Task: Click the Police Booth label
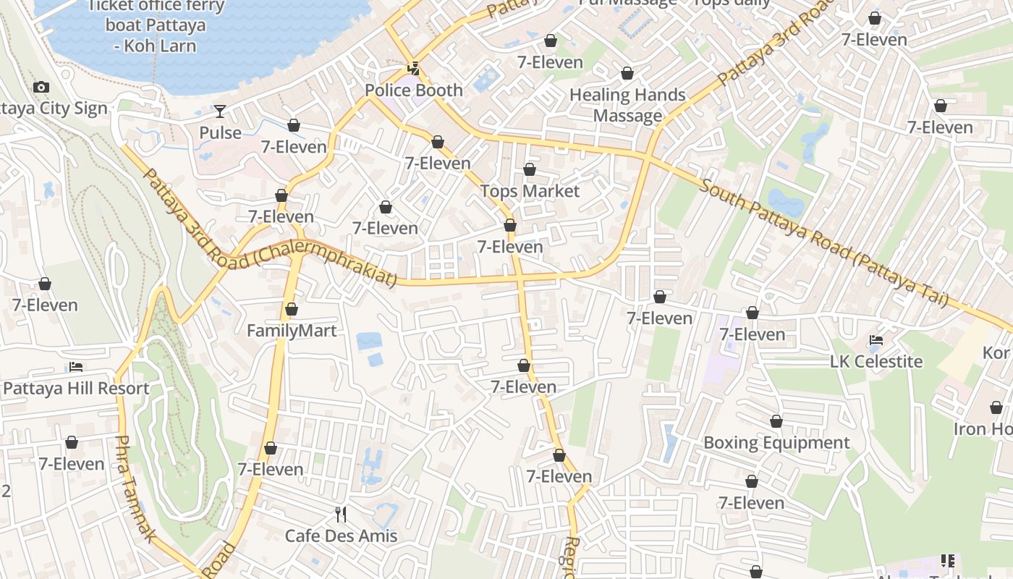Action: tap(413, 90)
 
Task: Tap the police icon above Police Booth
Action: tap(413, 69)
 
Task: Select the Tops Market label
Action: tap(530, 191)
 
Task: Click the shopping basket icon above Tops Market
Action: tap(530, 170)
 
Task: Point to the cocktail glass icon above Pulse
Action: tap(220, 111)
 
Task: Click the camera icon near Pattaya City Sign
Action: tap(41, 88)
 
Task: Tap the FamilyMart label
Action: tap(292, 331)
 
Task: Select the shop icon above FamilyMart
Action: tap(292, 310)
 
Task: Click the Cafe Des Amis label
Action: tap(342, 536)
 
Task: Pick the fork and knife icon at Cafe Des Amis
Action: tap(341, 515)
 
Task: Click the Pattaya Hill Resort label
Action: tap(76, 388)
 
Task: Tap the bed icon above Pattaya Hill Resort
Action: tap(75, 367)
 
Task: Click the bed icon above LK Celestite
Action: tap(876, 339)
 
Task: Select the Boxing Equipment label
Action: tap(776, 442)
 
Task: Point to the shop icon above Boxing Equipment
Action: tap(776, 421)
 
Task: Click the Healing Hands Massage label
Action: tap(627, 105)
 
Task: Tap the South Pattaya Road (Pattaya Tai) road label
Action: tap(825, 242)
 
